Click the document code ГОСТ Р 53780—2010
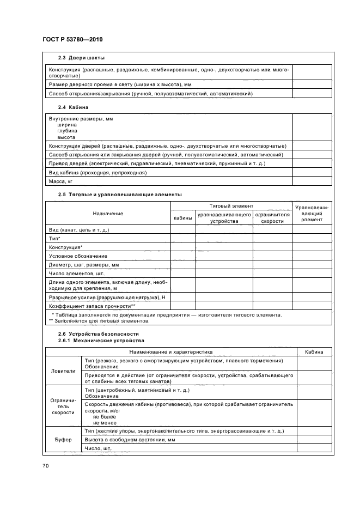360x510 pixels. coord(72,40)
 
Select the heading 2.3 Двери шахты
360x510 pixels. coord(81,58)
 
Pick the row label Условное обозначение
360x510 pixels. coord(78,256)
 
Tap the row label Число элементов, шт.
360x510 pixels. coord(76,272)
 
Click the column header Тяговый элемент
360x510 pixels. coord(231,206)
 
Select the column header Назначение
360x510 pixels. coord(108,213)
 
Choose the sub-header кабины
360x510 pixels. coord(183,218)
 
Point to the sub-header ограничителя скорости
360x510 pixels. coord(272,218)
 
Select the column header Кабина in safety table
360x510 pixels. coord(314,352)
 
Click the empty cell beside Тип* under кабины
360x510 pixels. coord(183,239)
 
